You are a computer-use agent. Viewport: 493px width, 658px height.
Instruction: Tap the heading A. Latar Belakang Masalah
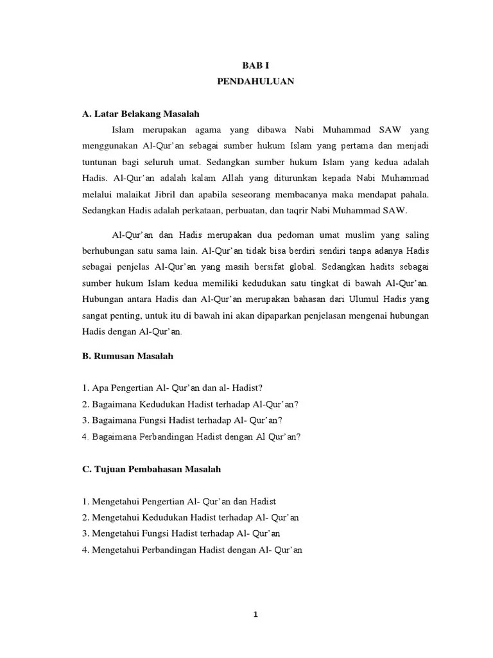coord(141,114)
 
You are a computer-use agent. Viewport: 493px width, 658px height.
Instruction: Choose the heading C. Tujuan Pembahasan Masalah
coord(151,469)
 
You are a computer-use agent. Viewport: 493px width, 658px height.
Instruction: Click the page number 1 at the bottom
coord(255,614)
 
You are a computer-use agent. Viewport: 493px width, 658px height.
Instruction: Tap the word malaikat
coord(132,193)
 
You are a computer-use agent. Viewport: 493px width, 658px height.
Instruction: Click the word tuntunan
coord(101,160)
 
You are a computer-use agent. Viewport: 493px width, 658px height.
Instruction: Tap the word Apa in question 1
coord(99,387)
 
